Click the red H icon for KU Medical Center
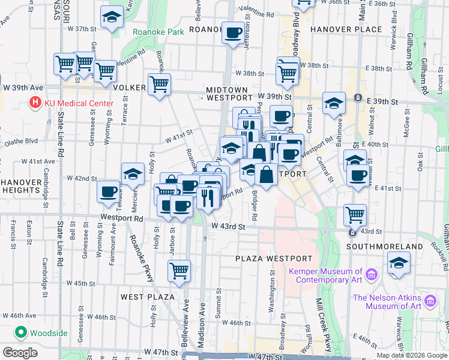point(35,103)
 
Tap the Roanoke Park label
point(158,32)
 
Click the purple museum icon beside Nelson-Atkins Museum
point(429,300)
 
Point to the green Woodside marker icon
point(20,332)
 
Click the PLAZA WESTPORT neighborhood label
point(274,259)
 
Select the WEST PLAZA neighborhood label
point(147,297)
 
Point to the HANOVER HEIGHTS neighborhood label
point(20,186)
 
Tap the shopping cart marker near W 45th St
point(179,272)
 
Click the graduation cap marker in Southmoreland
point(399,263)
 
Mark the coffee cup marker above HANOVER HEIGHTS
point(108,191)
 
